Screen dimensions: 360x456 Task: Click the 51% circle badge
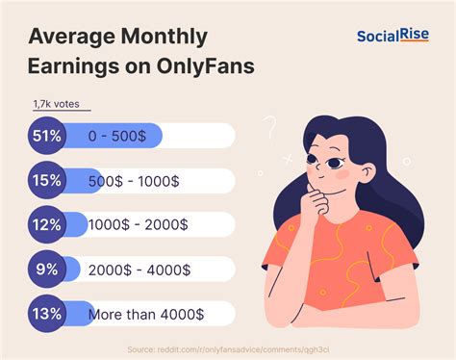coord(46,135)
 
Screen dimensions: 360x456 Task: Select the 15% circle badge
coord(46,180)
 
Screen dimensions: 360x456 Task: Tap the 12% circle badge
coord(46,223)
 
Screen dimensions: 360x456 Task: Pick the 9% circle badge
coord(46,269)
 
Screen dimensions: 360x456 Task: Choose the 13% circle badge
coord(46,313)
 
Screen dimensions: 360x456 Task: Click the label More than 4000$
coord(145,314)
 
